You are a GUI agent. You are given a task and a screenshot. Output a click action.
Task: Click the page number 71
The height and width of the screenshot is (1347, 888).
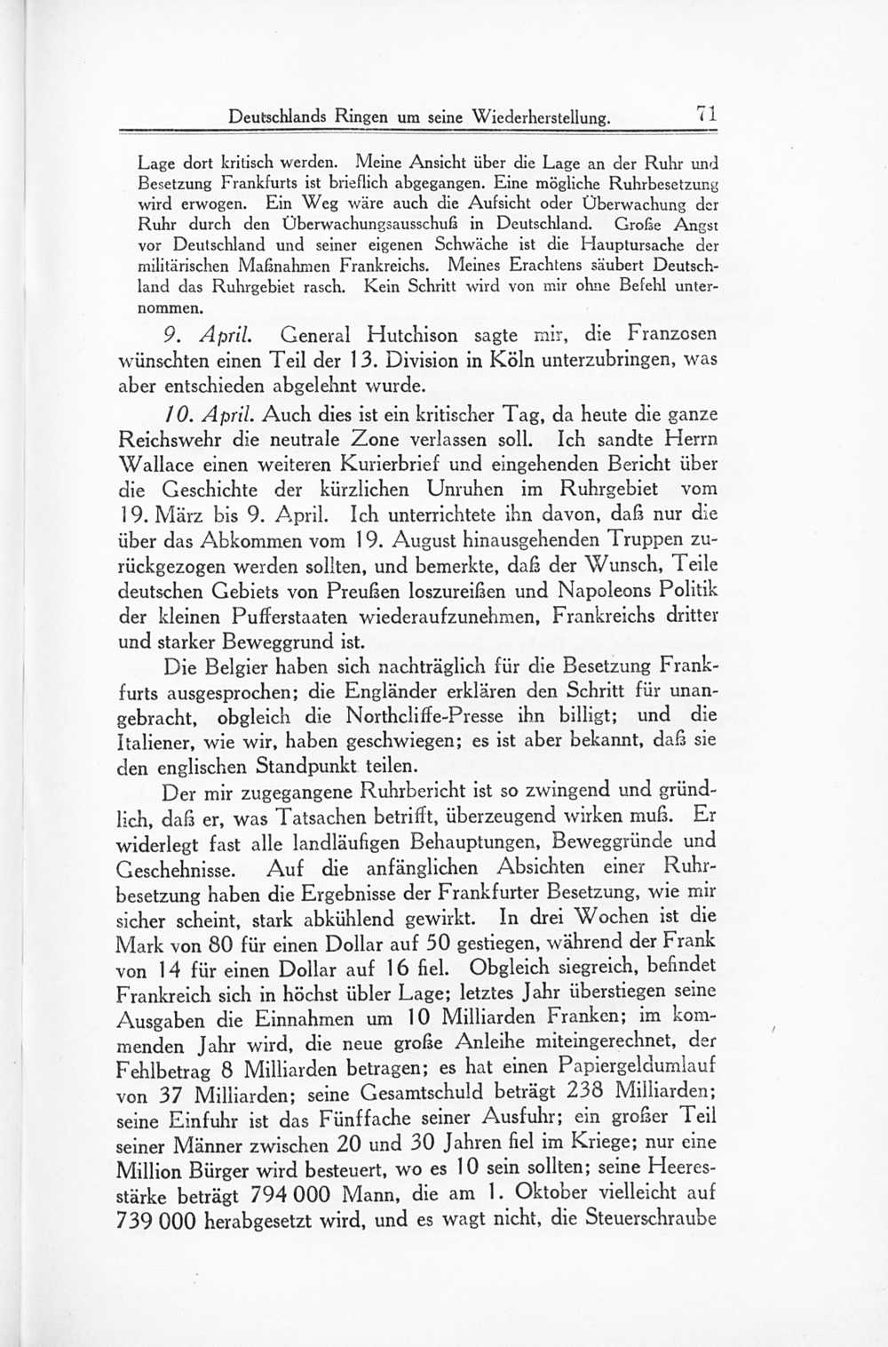coord(707,114)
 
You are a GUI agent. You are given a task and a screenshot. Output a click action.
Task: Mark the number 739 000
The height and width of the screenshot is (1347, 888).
coord(155,1220)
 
